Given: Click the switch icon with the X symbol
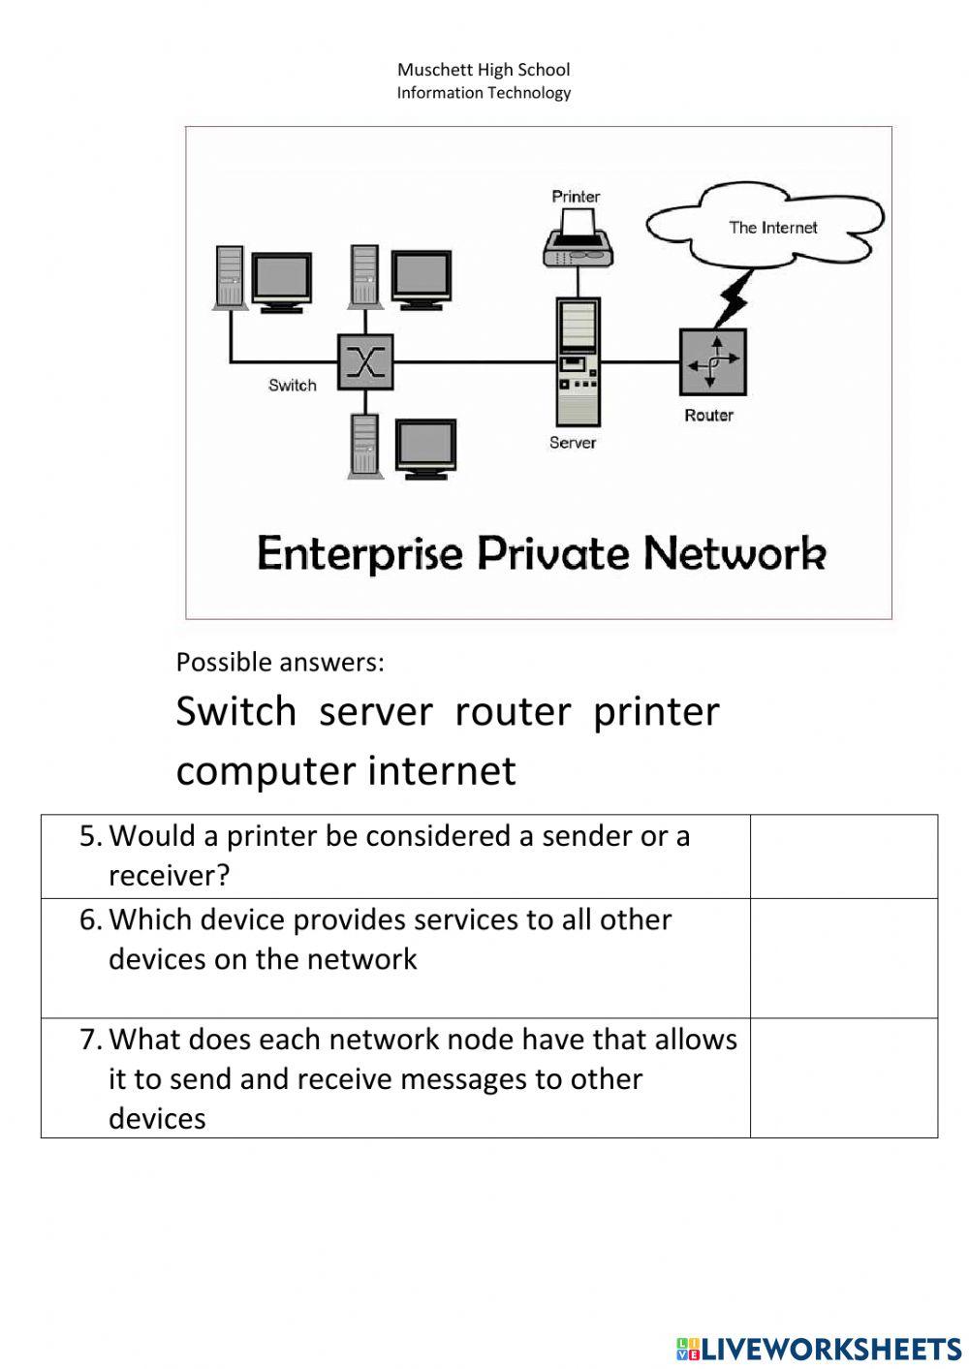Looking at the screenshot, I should [x=365, y=362].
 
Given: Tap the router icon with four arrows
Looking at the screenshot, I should [x=713, y=362].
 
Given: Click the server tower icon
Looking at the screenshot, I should [x=578, y=361].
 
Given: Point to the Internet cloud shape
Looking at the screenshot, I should [x=766, y=227].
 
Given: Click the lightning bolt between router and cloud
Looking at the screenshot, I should [x=734, y=298].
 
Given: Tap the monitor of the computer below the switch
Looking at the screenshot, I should [x=426, y=447].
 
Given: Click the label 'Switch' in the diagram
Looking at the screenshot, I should [x=293, y=386].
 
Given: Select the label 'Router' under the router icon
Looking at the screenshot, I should [x=708, y=416].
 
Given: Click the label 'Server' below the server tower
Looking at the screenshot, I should [x=573, y=443].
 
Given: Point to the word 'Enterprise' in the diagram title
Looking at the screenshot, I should [x=359, y=554].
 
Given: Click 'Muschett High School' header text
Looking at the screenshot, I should [x=484, y=70].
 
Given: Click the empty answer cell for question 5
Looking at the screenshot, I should [x=843, y=856].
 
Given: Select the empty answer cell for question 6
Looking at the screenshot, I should [x=843, y=958].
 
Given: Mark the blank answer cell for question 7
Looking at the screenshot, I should [x=843, y=1077].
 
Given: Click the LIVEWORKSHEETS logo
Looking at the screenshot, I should [x=819, y=1348].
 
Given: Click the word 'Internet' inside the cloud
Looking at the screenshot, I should [x=789, y=228].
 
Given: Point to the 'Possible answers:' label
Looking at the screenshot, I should [x=280, y=663].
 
